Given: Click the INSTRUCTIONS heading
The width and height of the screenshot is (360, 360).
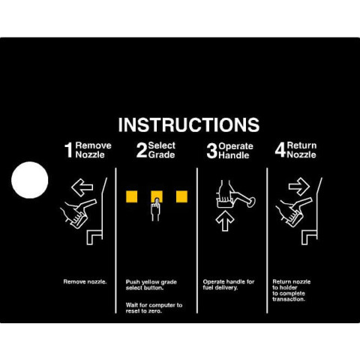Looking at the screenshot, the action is pyautogui.click(x=189, y=124).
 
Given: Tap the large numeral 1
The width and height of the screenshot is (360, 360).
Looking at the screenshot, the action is pyautogui.click(x=68, y=150).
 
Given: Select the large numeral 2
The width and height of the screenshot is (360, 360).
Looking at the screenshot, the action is pyautogui.click(x=142, y=150).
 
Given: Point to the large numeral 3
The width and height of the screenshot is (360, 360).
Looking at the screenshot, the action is pyautogui.click(x=212, y=151).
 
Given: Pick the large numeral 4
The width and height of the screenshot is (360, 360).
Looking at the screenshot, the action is pyautogui.click(x=280, y=150).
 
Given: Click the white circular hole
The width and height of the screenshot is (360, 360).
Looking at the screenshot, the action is pyautogui.click(x=30, y=180).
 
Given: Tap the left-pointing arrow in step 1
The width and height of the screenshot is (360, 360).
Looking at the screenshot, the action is pyautogui.click(x=82, y=187).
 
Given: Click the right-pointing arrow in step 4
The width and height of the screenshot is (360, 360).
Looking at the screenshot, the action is pyautogui.click(x=299, y=187).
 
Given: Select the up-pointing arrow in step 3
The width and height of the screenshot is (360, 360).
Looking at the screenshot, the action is pyautogui.click(x=225, y=220).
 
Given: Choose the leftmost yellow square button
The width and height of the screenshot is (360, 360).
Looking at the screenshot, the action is pyautogui.click(x=132, y=196).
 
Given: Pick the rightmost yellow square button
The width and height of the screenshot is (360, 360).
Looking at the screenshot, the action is pyautogui.click(x=181, y=196).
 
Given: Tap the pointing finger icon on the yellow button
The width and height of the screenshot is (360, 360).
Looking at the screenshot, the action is pyautogui.click(x=156, y=209).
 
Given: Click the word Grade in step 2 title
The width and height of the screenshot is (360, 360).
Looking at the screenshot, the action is pyautogui.click(x=161, y=154).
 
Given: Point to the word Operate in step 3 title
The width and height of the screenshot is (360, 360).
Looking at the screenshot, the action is pyautogui.click(x=235, y=146).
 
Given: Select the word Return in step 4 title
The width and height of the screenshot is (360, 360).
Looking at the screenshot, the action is pyautogui.click(x=301, y=145).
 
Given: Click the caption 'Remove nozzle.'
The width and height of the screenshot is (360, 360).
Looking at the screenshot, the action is pyautogui.click(x=85, y=282).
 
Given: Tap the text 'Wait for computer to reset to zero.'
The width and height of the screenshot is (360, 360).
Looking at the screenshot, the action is pyautogui.click(x=154, y=308).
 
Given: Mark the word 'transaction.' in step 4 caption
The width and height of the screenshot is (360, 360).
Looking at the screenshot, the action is pyautogui.click(x=289, y=299).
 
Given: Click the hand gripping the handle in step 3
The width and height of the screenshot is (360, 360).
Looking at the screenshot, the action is pyautogui.click(x=225, y=194).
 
